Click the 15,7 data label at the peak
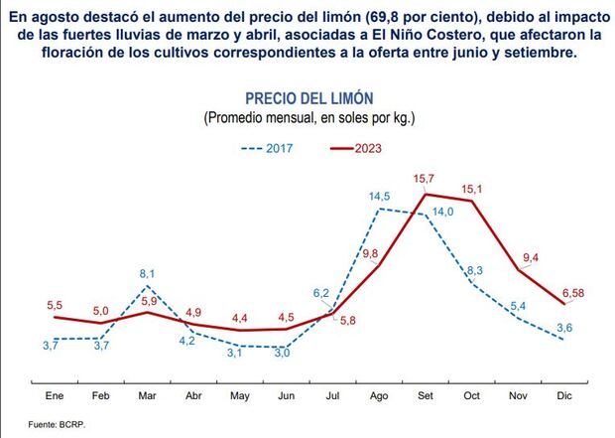tap(424, 179)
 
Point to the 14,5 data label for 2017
tap(379, 197)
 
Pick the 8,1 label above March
tap(147, 272)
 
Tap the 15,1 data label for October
tap(470, 189)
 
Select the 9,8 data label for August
tap(371, 254)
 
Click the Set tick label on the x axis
tap(425, 396)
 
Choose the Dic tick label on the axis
tap(564, 396)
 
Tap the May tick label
tap(239, 396)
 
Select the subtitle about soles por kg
tap(307, 118)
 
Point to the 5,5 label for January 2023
tap(55, 304)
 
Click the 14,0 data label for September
tap(442, 212)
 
